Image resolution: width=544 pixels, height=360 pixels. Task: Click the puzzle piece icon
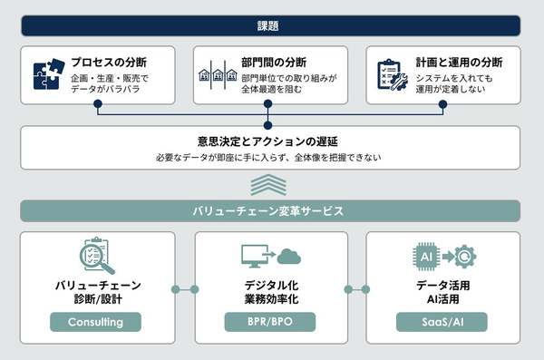pos(46,75)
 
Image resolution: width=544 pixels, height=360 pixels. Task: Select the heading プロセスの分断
pos(110,63)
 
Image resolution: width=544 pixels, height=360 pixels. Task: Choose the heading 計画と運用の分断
pos(459,63)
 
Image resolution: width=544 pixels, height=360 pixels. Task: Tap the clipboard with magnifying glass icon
pos(96,258)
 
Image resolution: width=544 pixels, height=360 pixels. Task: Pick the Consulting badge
pos(96,322)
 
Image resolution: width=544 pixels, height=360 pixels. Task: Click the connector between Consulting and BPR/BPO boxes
pos(184,290)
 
